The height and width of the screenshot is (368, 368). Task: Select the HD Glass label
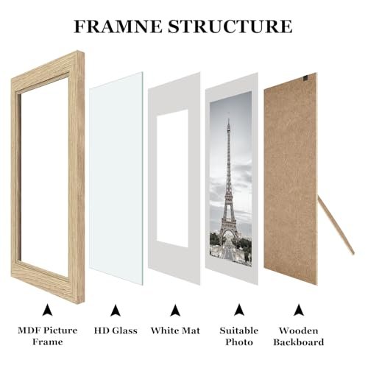pyautogui.click(x=116, y=330)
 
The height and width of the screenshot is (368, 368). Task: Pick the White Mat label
pyautogui.click(x=175, y=330)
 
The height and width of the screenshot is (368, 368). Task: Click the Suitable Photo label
pyautogui.click(x=237, y=336)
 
